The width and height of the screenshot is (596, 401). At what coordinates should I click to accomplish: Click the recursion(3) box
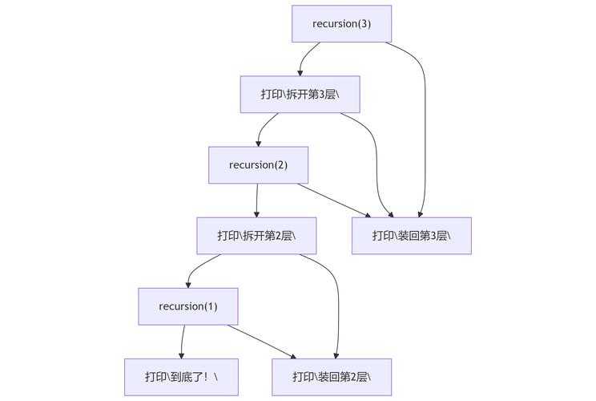(341, 23)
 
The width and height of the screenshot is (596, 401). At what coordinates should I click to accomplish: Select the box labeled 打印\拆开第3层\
(300, 95)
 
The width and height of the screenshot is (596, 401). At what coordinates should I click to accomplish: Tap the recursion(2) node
(258, 165)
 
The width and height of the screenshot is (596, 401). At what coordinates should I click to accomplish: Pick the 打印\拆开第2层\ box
(256, 236)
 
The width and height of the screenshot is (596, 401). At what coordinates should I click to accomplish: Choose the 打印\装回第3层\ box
(411, 236)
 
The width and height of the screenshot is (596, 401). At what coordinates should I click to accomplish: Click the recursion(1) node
(188, 306)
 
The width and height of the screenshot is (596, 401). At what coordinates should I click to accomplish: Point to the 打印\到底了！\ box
(181, 377)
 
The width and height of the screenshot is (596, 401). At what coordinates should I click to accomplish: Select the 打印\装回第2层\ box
(331, 377)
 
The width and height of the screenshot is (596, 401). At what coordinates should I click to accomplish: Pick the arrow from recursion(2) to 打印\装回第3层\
(333, 200)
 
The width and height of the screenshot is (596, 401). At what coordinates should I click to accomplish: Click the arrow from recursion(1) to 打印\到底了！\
(183, 342)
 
